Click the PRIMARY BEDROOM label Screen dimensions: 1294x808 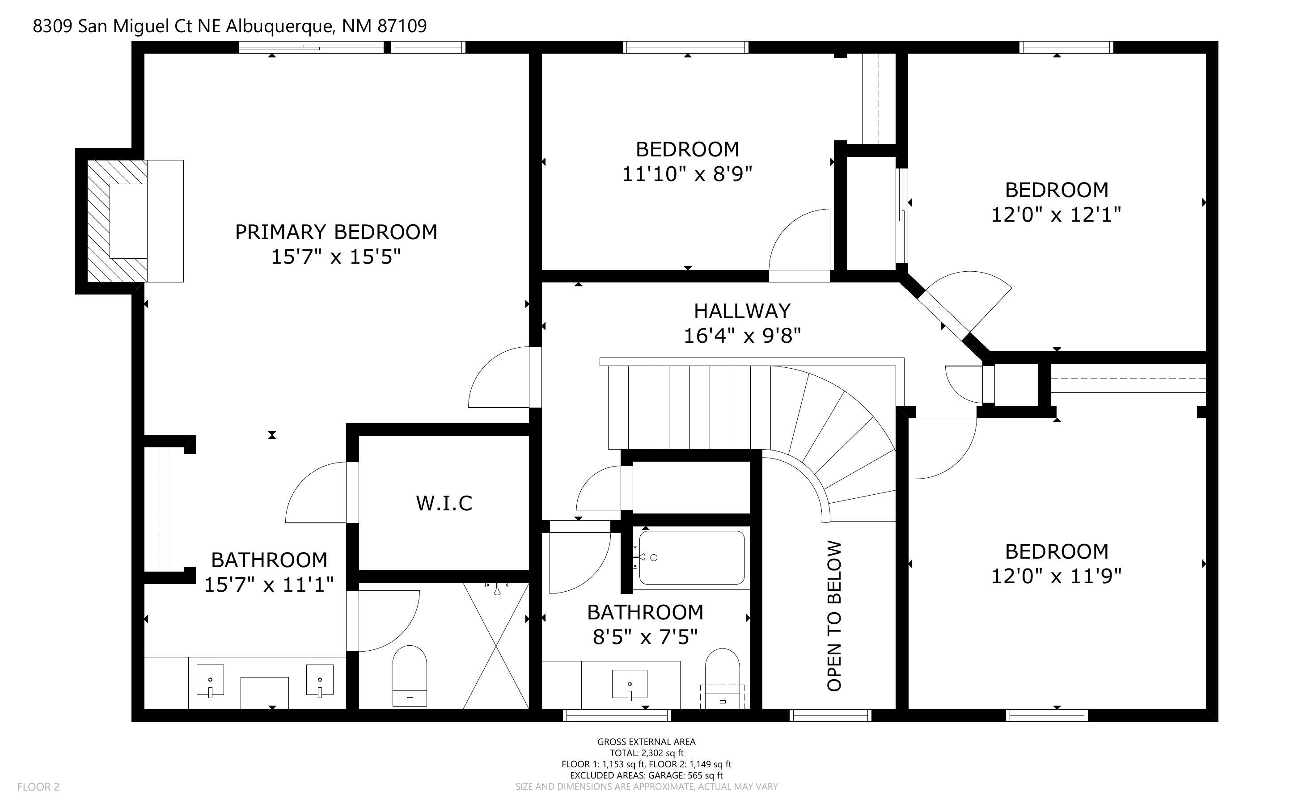coord(336,232)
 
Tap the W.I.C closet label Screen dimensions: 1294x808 coord(444,503)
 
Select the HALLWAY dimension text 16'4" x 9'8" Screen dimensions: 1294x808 coord(742,336)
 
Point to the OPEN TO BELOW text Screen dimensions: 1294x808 coord(834,616)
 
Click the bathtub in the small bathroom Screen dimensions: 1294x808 coord(692,557)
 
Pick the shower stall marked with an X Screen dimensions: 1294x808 coord(496,646)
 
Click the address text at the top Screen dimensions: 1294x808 coord(230,25)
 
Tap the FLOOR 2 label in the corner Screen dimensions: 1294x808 coord(38,787)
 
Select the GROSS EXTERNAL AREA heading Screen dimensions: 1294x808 coord(646,742)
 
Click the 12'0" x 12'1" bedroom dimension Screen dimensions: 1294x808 coord(1056,215)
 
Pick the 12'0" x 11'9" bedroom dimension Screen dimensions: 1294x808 coord(1056,576)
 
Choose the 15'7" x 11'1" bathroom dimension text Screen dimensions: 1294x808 coord(269,585)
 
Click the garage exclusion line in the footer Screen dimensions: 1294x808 coord(646,775)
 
